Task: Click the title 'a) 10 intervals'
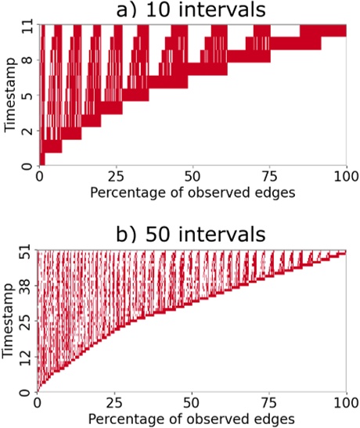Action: coord(192,10)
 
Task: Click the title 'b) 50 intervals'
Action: coord(192,236)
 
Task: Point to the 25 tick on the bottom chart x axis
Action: coord(116,404)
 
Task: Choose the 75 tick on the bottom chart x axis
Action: coord(268,404)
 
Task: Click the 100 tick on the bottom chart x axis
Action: coord(345,404)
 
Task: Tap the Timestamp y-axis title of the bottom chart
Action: coord(9,321)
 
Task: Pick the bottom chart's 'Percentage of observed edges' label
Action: coord(192,419)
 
